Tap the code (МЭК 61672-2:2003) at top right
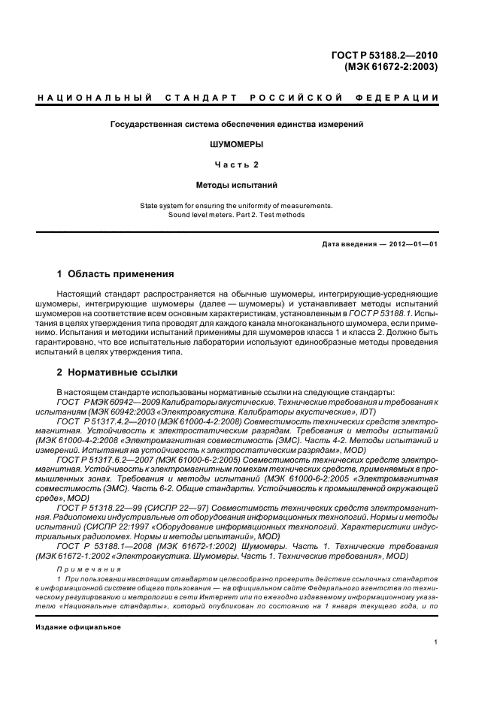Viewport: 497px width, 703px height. tap(392, 66)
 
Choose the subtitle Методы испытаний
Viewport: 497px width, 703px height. tap(238, 183)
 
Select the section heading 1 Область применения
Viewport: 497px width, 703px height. tap(116, 273)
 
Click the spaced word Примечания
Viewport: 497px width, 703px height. tap(82, 571)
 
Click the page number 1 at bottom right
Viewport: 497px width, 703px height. tap(436, 642)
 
